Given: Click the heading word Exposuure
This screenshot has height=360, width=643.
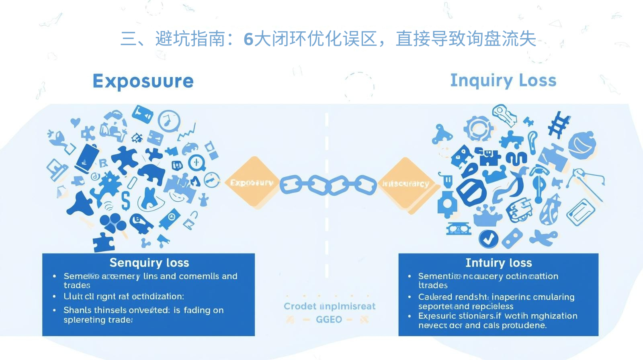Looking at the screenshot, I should [x=143, y=81].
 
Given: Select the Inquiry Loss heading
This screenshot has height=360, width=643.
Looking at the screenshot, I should [x=503, y=80].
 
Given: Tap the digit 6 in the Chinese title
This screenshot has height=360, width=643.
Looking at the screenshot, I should [x=248, y=39].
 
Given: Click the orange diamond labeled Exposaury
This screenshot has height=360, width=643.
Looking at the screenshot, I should [x=252, y=183].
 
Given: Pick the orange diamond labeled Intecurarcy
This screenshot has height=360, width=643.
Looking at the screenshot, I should [x=405, y=184].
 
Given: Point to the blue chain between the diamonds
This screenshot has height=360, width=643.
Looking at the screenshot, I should [x=328, y=185].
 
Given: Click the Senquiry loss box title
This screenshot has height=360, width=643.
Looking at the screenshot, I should [x=149, y=263].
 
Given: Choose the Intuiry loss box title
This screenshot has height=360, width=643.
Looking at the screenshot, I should [x=498, y=263].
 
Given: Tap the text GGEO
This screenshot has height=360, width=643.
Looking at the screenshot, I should [x=329, y=320].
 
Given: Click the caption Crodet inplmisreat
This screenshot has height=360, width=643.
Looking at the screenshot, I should [x=330, y=307].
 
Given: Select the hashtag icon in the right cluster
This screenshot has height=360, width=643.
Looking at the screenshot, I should [x=559, y=124].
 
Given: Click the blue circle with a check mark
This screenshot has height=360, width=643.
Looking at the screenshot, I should [x=488, y=239].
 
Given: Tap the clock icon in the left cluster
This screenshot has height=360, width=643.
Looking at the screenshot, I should [x=169, y=121].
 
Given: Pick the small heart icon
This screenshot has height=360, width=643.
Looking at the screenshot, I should [x=75, y=122].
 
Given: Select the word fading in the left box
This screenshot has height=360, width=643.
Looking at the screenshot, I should [x=197, y=310].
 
